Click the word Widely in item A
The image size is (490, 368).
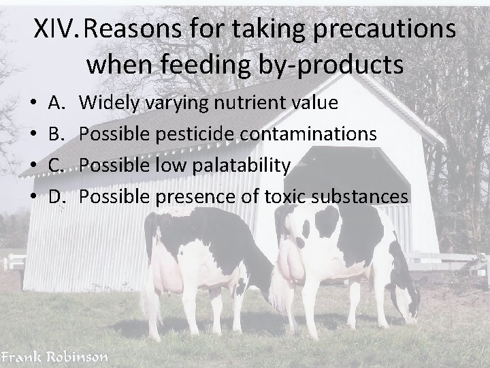coord(110,103)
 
